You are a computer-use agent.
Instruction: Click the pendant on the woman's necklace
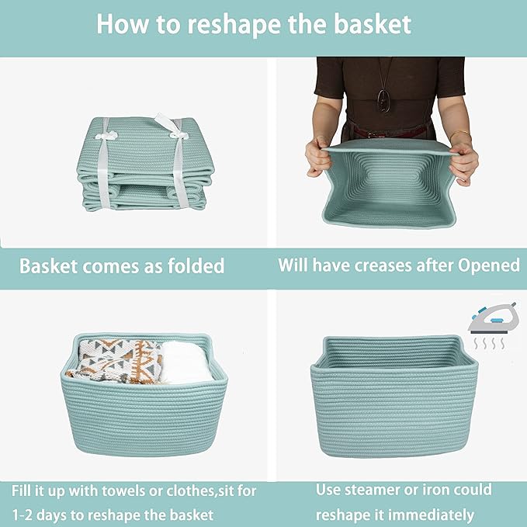click(x=383, y=99)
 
